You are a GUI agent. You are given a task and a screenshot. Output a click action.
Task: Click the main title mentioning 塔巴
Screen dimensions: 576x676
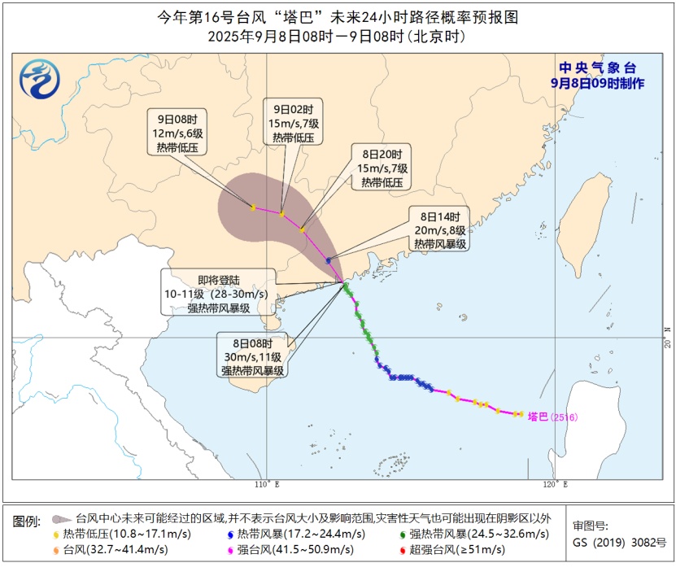click(x=337, y=16)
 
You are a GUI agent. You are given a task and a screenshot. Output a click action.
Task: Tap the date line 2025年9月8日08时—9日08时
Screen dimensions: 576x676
click(x=337, y=37)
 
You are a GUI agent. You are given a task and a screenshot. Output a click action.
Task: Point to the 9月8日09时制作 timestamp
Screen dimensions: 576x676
click(x=598, y=83)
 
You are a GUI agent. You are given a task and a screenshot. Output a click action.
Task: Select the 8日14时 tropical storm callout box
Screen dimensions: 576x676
click(x=440, y=230)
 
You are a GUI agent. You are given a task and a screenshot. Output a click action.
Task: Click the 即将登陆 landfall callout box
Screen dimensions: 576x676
click(x=217, y=292)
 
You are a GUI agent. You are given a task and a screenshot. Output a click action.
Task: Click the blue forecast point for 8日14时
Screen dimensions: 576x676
click(x=328, y=260)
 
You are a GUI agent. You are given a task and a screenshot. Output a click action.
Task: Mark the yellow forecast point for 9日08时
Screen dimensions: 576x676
click(x=253, y=207)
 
